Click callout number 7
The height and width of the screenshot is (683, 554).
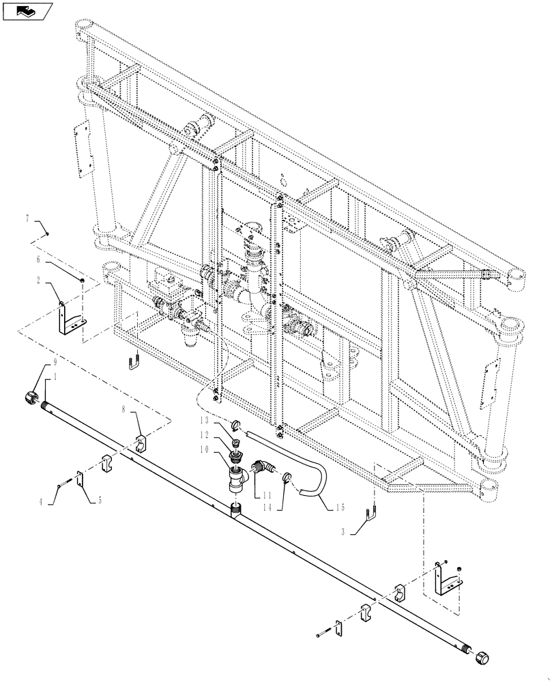tap(28, 219)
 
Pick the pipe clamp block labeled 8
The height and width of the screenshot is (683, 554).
tap(139, 442)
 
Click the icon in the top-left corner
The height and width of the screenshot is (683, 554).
tap(27, 11)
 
